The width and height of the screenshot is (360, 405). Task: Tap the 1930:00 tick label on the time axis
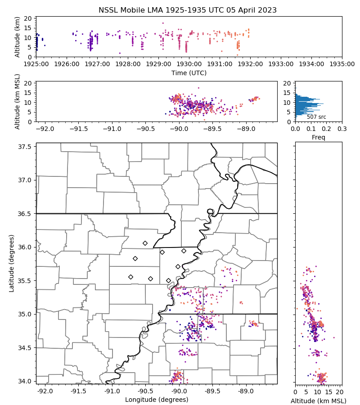(x=189, y=64)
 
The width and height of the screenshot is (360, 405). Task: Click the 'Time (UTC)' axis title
(x=189, y=72)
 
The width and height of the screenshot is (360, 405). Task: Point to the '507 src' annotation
(x=316, y=117)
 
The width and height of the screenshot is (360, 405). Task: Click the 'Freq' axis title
(x=319, y=137)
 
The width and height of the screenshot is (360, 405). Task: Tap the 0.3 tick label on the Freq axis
(x=342, y=129)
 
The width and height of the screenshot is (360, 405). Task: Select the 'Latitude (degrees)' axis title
(x=12, y=263)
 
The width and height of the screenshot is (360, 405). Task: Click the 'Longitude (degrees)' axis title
(x=157, y=400)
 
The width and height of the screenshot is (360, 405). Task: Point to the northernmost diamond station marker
(x=145, y=243)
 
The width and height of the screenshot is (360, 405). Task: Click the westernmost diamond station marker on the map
(x=130, y=277)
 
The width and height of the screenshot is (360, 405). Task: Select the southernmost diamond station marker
(x=168, y=280)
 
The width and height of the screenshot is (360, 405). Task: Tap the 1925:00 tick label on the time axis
(x=36, y=64)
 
